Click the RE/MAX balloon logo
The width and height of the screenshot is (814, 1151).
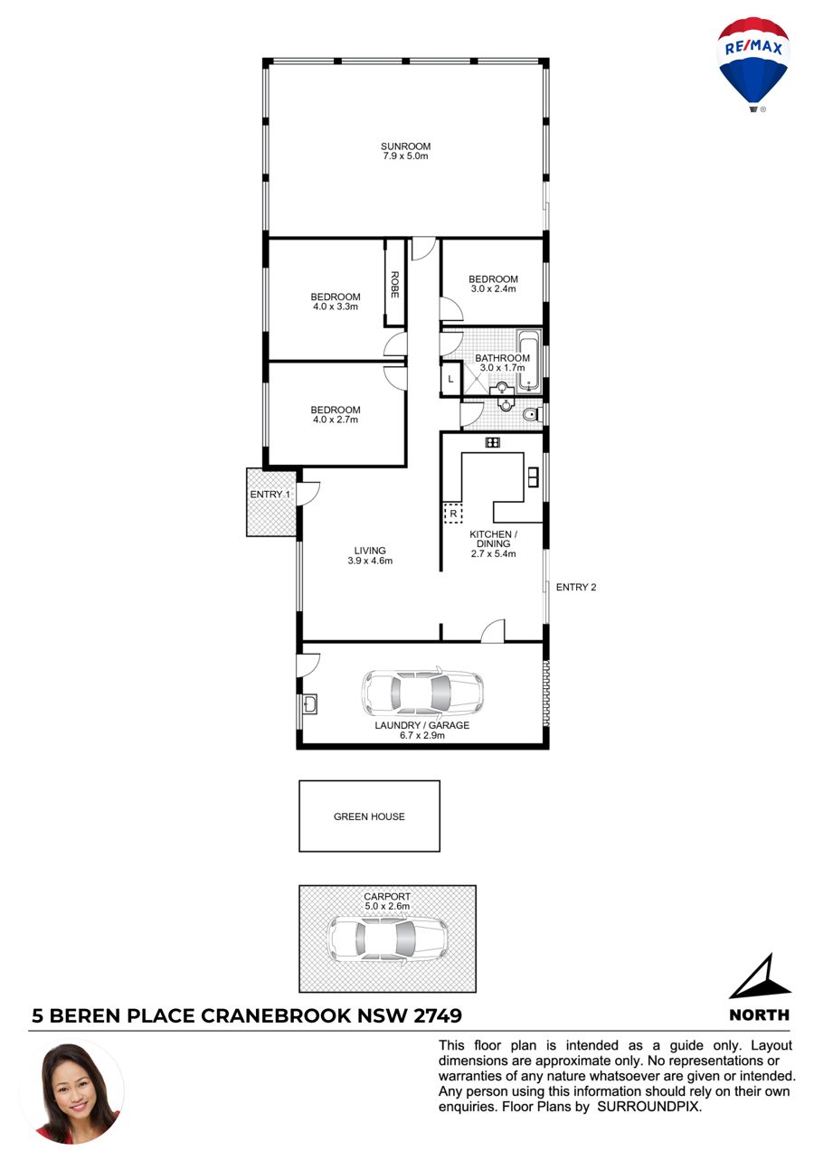(x=753, y=64)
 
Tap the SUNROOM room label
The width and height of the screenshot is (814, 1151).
(x=405, y=146)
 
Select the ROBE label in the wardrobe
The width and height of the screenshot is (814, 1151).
(x=394, y=285)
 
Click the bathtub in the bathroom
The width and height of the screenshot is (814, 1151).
(x=529, y=362)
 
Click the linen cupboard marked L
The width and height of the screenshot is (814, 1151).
(x=450, y=379)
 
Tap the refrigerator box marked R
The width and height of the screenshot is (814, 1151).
(x=453, y=514)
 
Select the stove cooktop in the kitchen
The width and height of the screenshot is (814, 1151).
(x=492, y=442)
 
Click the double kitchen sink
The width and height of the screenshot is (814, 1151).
(x=533, y=476)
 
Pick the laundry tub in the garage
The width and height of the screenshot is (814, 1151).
(x=309, y=704)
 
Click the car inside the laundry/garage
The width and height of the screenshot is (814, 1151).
(x=422, y=693)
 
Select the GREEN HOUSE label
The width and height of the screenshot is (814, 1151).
(x=369, y=816)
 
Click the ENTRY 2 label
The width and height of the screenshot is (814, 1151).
(x=576, y=588)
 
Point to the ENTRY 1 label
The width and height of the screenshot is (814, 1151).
(x=270, y=495)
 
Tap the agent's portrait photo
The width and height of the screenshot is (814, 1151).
(x=72, y=1093)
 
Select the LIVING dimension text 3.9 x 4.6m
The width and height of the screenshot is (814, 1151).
(x=370, y=561)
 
